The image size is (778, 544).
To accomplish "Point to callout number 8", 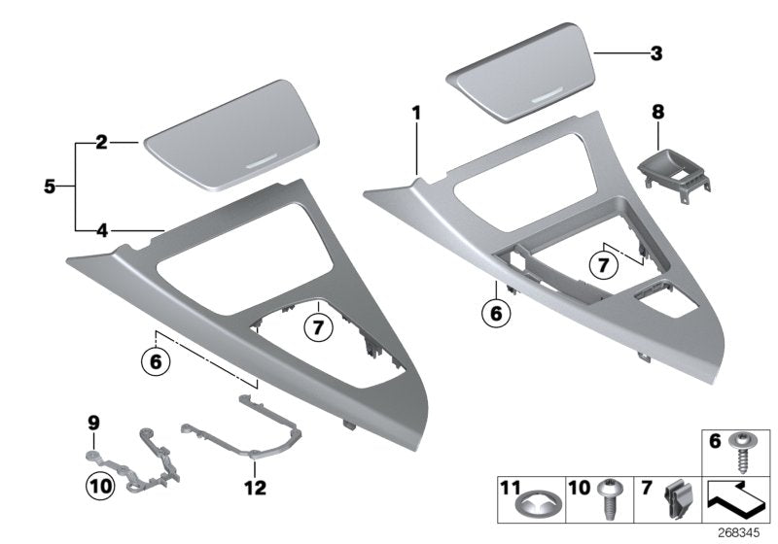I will (x=657, y=114).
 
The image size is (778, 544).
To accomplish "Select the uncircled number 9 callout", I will (x=93, y=423).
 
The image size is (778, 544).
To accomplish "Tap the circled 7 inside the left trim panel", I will (x=317, y=327).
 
